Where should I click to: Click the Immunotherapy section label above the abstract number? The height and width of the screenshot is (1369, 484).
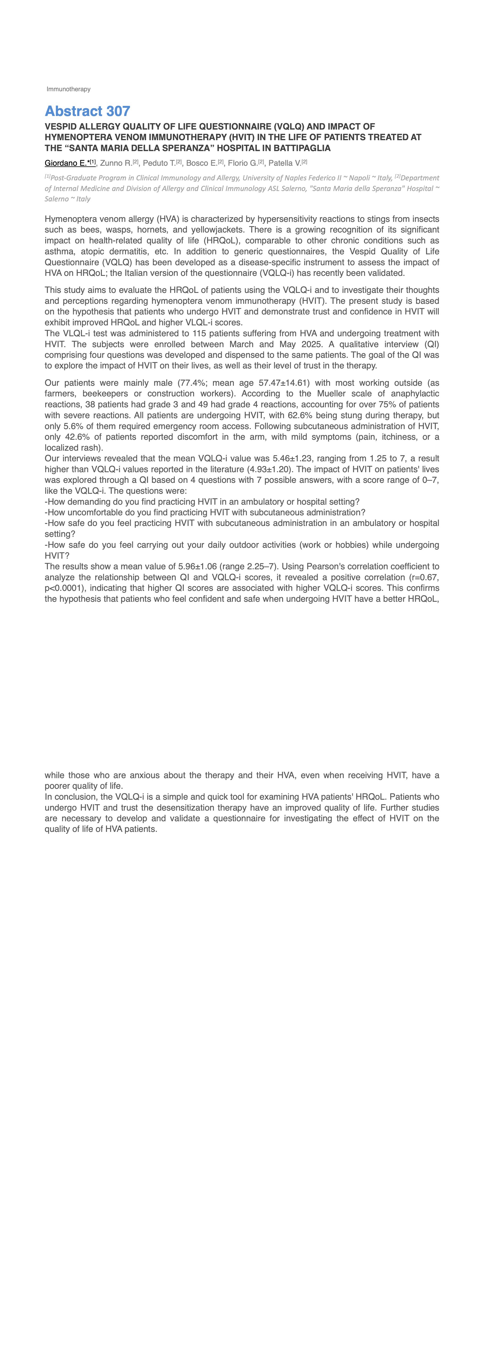click(x=69, y=89)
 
